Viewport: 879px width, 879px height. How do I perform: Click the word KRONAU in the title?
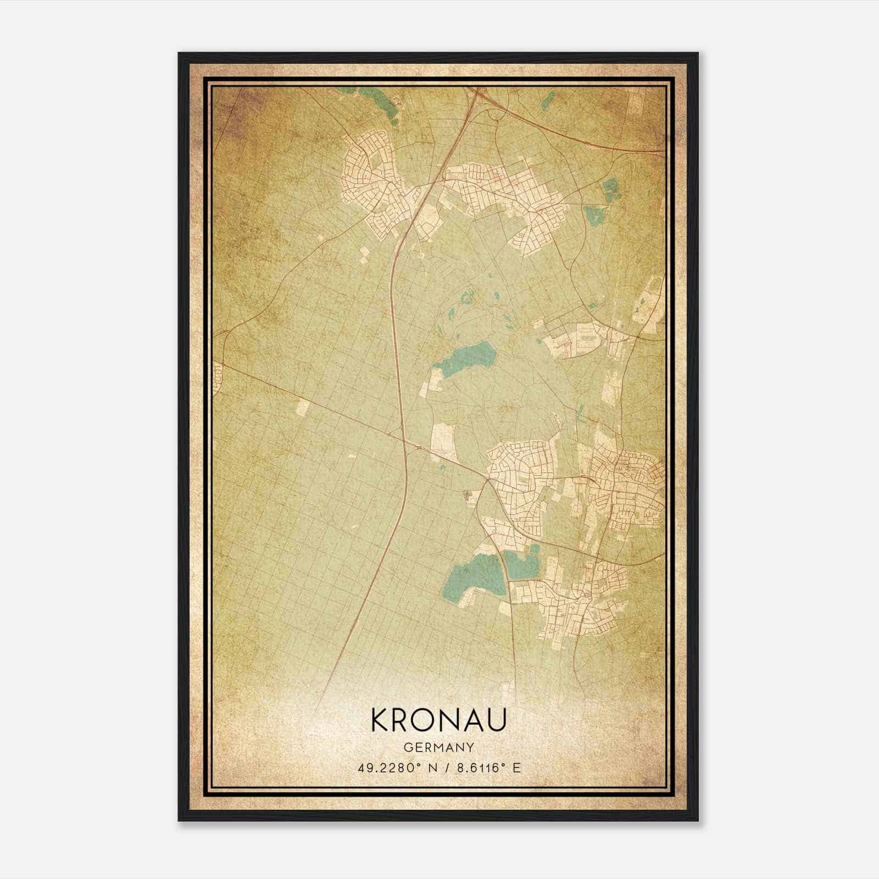pyautogui.click(x=438, y=721)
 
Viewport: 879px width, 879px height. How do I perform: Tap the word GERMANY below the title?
pyautogui.click(x=438, y=748)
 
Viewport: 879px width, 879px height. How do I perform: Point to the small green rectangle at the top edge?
pyautogui.click(x=548, y=99)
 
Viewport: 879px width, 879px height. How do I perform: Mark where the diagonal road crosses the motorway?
pyautogui.click(x=405, y=440)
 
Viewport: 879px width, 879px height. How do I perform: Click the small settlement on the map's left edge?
pyautogui.click(x=217, y=378)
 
